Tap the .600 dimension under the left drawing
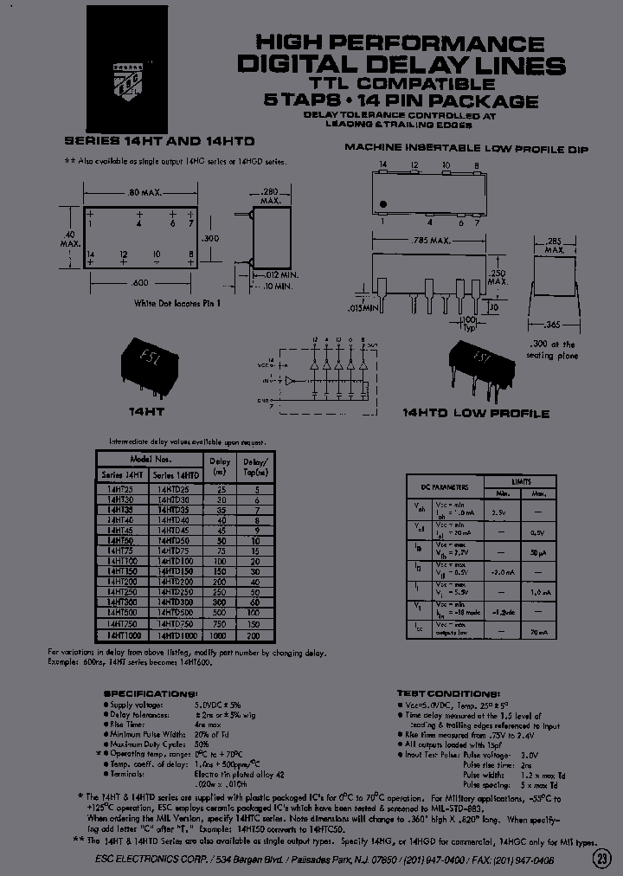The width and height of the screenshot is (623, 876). click(138, 284)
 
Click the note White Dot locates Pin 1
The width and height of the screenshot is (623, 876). click(177, 304)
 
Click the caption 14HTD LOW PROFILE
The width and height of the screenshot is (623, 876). click(476, 414)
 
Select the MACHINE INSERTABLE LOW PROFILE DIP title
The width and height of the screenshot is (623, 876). click(466, 149)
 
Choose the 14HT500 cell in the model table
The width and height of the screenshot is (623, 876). click(122, 611)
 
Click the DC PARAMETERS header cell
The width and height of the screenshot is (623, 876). click(445, 487)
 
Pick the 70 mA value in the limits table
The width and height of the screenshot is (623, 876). click(539, 633)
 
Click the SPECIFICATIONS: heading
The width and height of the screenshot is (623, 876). click(151, 694)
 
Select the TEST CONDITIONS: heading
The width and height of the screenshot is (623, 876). click(448, 694)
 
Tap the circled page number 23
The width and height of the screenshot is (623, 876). click(601, 859)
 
